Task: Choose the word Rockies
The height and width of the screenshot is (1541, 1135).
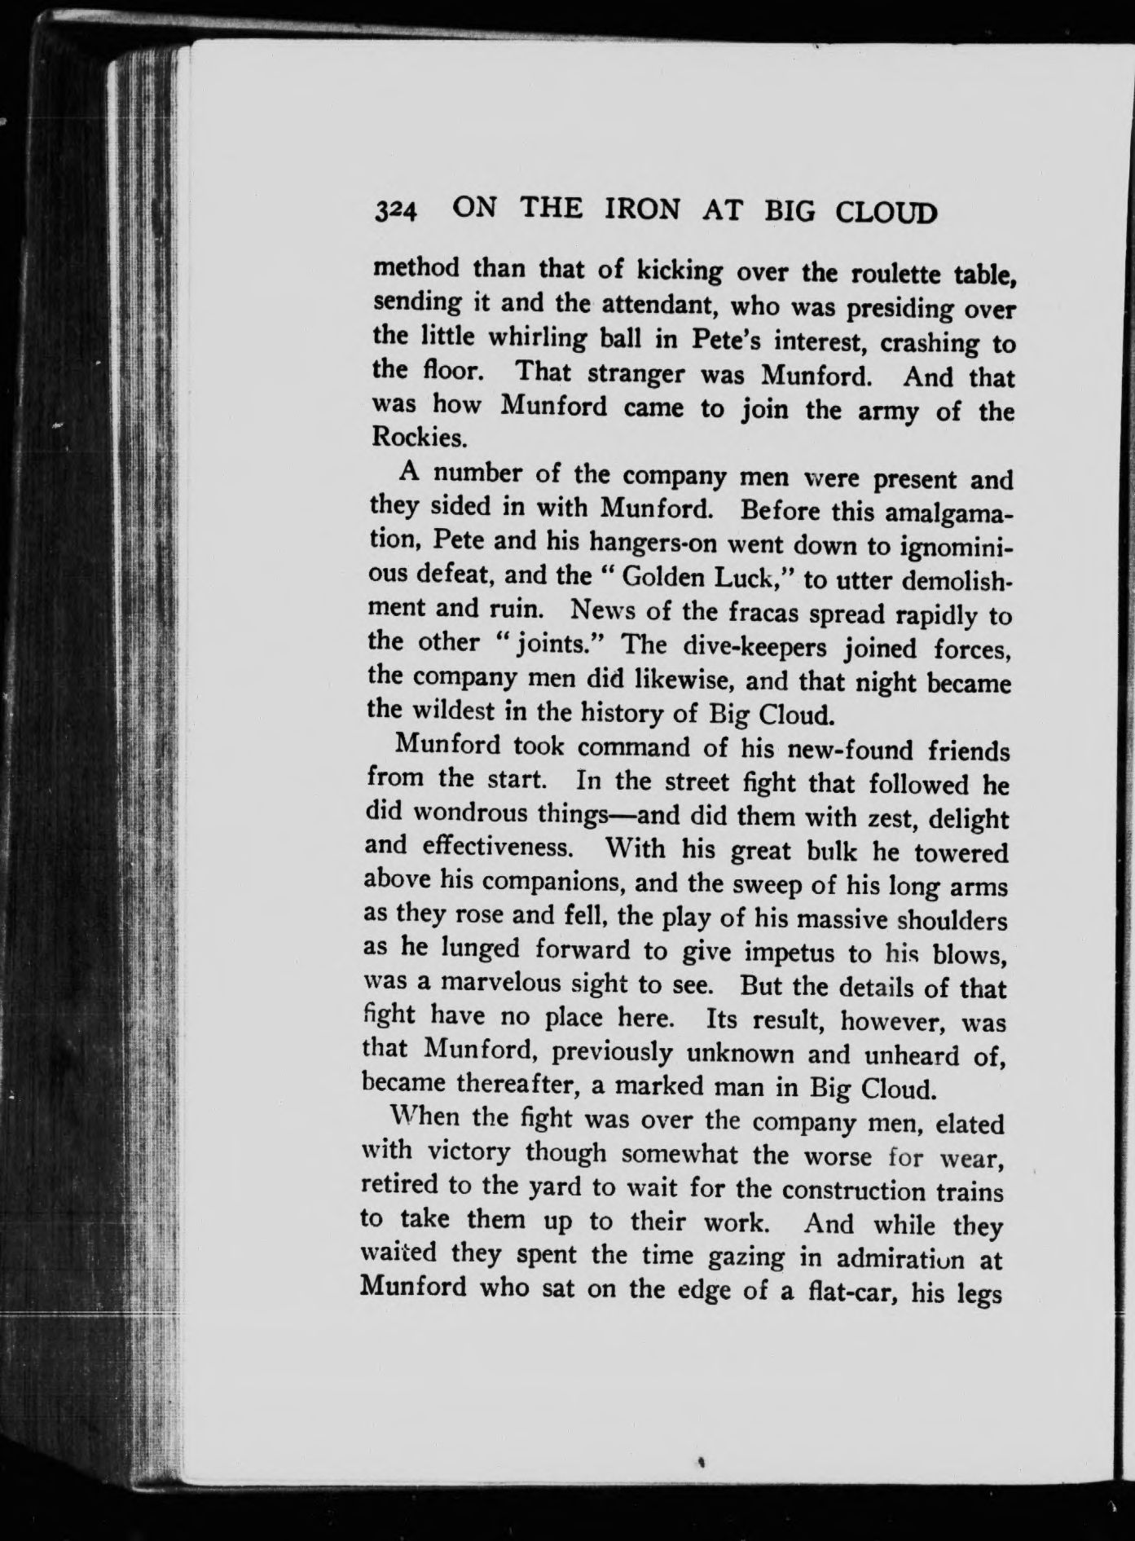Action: click(409, 438)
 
